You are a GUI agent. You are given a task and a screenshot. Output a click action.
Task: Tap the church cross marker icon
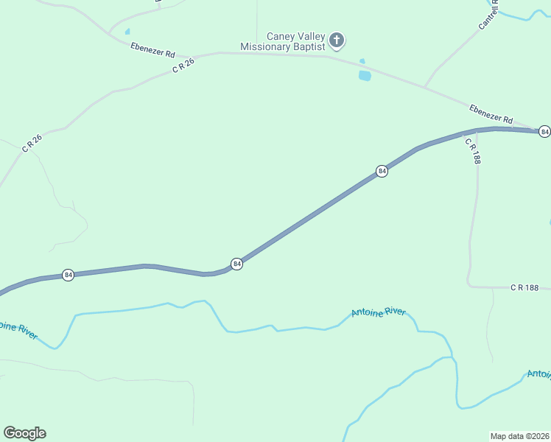337,40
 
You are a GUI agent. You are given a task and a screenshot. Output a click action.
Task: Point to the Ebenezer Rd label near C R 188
491,113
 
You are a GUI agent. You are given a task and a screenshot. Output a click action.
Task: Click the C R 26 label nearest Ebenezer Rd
183,65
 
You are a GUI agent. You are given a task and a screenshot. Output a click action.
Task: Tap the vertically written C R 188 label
472,151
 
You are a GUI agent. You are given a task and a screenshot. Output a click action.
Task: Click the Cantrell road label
488,15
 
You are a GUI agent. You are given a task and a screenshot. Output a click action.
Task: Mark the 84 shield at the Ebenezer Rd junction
544,131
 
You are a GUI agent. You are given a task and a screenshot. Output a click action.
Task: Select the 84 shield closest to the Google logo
68,275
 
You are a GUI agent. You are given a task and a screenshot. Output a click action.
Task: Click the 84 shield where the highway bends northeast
236,263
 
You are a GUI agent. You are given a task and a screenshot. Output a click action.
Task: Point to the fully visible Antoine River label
378,312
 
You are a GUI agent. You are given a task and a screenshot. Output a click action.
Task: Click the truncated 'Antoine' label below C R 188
539,374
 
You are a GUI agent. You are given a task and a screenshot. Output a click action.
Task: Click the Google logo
24,433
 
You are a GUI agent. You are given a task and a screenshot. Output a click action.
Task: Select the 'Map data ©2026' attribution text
519,435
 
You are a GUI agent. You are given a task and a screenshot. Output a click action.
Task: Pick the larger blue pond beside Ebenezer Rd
365,75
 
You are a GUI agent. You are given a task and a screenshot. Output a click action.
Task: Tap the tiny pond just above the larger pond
362,61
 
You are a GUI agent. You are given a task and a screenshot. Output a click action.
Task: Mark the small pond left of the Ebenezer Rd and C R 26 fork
127,32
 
